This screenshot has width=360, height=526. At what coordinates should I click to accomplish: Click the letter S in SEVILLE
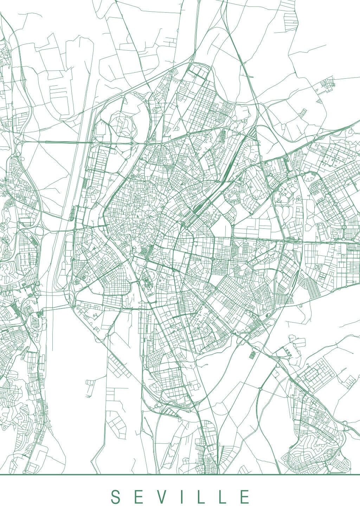coord(115,497)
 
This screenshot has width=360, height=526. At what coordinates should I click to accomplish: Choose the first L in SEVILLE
coord(201,497)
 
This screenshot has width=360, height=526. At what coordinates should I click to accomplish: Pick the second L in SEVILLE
coord(223,497)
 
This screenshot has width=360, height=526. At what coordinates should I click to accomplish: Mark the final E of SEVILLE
coord(245,497)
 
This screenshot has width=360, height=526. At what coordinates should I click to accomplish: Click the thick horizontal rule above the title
coord(180,475)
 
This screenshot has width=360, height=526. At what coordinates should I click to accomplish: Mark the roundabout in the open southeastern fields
coord(261,389)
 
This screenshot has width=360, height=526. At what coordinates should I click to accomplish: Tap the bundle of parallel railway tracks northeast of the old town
coord(199,207)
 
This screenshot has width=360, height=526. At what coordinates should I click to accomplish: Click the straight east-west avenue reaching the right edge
coord(323,242)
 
